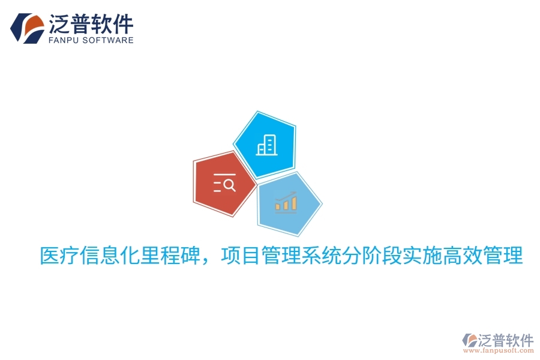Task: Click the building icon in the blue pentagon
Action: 267,145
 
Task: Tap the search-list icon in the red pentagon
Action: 224,184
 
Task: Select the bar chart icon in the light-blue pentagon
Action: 286,203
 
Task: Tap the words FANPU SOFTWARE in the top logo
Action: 90,40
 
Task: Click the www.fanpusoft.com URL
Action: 503,353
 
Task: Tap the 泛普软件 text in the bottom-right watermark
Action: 506,340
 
